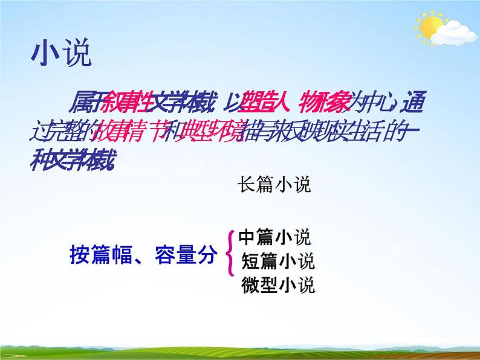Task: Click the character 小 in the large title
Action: pyautogui.click(x=44, y=54)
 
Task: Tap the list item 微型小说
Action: pyautogui.click(x=277, y=284)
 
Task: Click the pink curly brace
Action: pyautogui.click(x=230, y=254)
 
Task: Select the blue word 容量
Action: pyautogui.click(x=170, y=257)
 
